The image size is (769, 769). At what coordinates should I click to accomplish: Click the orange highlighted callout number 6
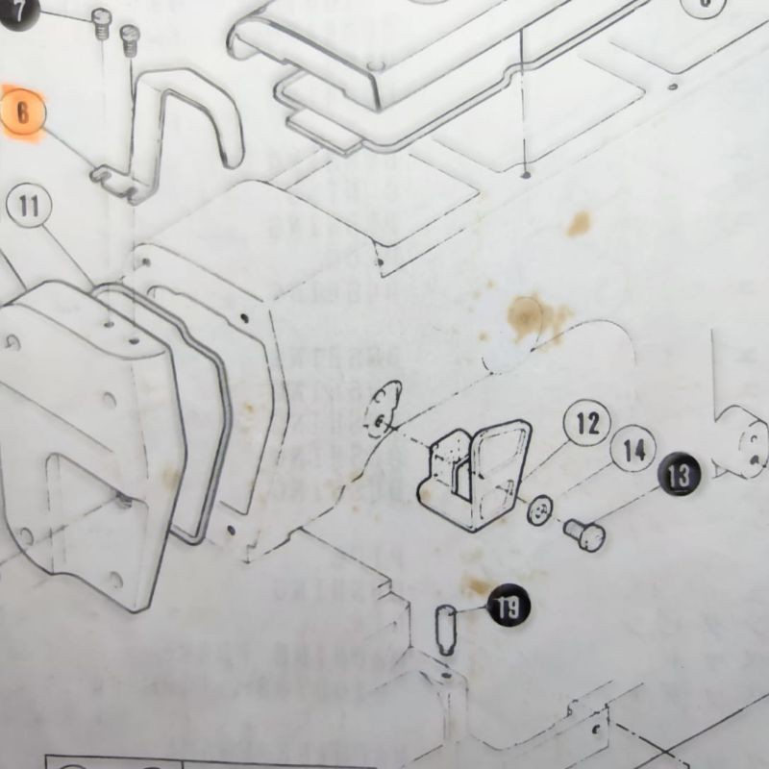pyautogui.click(x=24, y=113)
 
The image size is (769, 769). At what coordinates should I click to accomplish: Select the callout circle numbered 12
pyautogui.click(x=587, y=424)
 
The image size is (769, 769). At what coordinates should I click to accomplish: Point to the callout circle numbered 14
pyautogui.click(x=633, y=450)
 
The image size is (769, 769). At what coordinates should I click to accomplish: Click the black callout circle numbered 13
pyautogui.click(x=679, y=474)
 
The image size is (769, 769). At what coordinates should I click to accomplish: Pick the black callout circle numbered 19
pyautogui.click(x=509, y=607)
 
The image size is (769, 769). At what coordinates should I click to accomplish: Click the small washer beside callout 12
pyautogui.click(x=540, y=510)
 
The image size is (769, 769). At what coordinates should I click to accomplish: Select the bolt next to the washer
pyautogui.click(x=583, y=533)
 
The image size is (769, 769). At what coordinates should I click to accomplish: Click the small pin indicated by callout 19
pyautogui.click(x=446, y=629)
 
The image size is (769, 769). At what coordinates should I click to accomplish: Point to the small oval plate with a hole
pyautogui.click(x=384, y=409)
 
